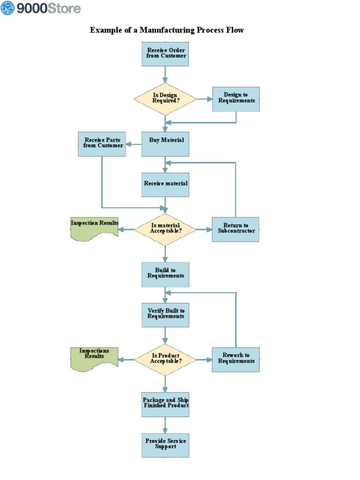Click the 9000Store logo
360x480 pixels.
click(x=41, y=8)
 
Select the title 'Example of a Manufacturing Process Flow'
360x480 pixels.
click(x=167, y=30)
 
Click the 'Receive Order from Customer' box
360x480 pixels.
click(x=165, y=53)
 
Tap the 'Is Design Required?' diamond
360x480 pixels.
click(x=165, y=98)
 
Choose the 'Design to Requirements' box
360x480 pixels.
click(x=236, y=98)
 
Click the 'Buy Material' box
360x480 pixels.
click(x=165, y=144)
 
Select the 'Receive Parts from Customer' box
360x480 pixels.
click(x=102, y=143)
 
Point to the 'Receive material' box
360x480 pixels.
click(x=165, y=184)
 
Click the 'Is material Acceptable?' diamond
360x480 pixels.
click(x=165, y=229)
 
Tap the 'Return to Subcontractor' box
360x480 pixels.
click(x=235, y=229)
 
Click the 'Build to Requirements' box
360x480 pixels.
click(x=165, y=274)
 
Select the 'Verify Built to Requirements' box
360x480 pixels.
click(x=165, y=315)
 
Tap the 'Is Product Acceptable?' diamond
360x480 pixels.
click(x=165, y=360)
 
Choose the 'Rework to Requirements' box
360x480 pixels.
click(x=235, y=360)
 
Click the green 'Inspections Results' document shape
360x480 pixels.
click(x=94, y=359)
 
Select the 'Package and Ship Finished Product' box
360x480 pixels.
click(x=165, y=404)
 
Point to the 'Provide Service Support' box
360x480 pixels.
click(x=165, y=445)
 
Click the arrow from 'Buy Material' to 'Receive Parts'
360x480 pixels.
click(x=134, y=144)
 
